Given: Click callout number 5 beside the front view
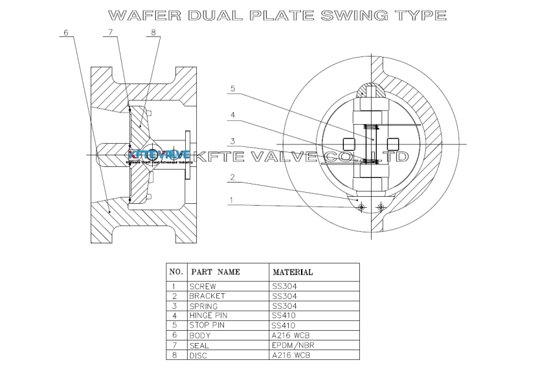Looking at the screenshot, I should pyautogui.click(x=232, y=89).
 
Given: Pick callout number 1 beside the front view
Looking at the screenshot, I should pyautogui.click(x=231, y=200).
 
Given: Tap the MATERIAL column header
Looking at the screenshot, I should pyautogui.click(x=293, y=272).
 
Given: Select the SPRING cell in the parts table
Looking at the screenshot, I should pyautogui.click(x=203, y=306).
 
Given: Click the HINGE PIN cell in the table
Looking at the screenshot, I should pyautogui.click(x=209, y=315).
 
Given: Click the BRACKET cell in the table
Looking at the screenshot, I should pyautogui.click(x=207, y=296).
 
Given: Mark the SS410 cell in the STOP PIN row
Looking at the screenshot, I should pyautogui.click(x=284, y=325).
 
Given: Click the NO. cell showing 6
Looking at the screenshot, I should pyautogui.click(x=174, y=335).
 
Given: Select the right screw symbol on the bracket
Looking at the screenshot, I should pyautogui.click(x=381, y=206).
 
